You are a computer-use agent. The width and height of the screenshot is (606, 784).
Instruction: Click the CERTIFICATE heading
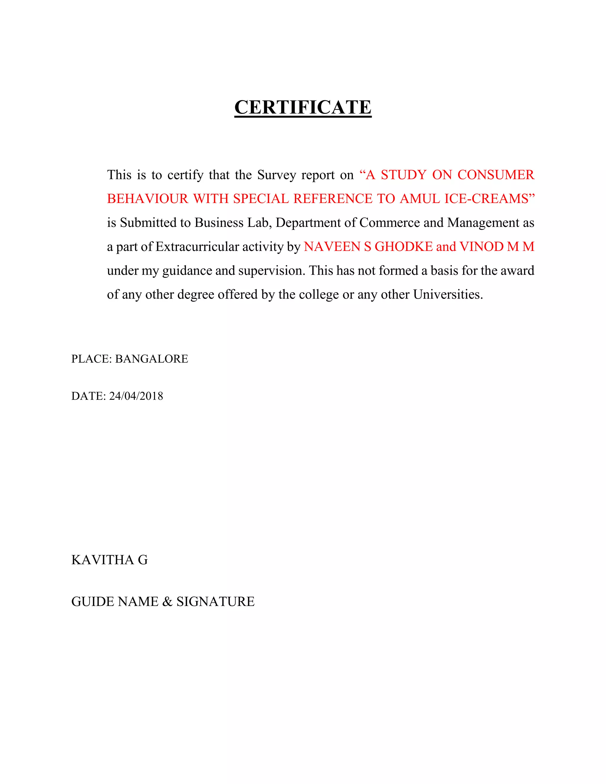click(303, 107)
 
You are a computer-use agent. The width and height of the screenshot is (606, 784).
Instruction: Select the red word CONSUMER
click(496, 175)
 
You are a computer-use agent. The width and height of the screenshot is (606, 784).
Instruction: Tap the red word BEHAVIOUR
click(148, 199)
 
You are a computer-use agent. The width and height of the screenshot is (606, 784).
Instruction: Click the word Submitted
click(150, 222)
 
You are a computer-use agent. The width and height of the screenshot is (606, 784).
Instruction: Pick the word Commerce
click(389, 222)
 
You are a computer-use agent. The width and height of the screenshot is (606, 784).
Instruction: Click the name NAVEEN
click(332, 247)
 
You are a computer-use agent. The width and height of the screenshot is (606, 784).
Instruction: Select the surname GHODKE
click(404, 247)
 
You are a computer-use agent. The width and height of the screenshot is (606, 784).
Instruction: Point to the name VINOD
click(481, 247)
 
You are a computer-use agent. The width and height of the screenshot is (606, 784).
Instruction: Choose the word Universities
click(448, 295)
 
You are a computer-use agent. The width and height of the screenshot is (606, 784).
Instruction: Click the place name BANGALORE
click(151, 359)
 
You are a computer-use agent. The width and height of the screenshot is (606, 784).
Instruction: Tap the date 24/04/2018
click(136, 396)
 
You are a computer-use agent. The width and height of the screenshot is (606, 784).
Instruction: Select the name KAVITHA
click(102, 560)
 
